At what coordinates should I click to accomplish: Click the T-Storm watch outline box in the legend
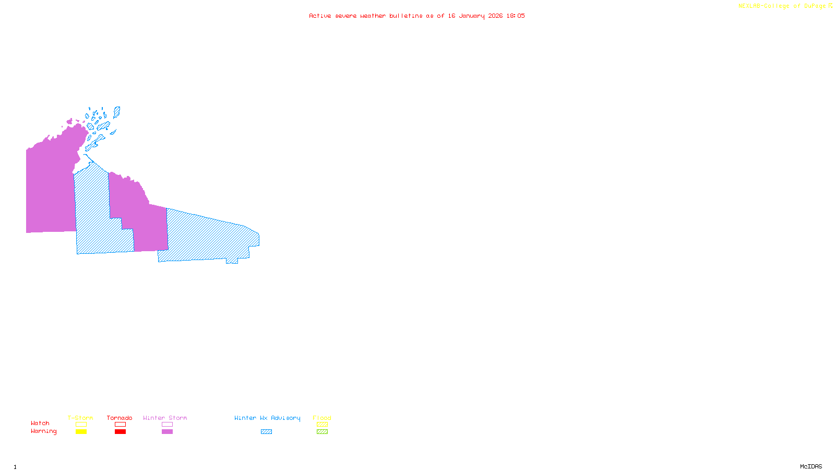81,425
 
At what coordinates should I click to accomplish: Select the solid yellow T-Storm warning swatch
81,432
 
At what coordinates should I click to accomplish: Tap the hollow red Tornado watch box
120,425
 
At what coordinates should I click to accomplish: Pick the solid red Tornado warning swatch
120,432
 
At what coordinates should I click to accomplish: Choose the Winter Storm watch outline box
167,425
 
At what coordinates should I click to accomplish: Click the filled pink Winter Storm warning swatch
167,432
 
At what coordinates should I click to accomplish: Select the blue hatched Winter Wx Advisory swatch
266,432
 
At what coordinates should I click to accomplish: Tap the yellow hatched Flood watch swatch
322,425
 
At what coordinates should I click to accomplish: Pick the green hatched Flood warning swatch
322,432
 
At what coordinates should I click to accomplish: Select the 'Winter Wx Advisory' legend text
267,418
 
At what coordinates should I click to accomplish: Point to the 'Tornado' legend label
120,418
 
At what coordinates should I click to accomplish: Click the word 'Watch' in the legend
40,423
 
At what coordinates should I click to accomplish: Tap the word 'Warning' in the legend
43,431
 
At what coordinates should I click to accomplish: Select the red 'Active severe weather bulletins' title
417,16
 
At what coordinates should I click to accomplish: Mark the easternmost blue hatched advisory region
209,238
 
